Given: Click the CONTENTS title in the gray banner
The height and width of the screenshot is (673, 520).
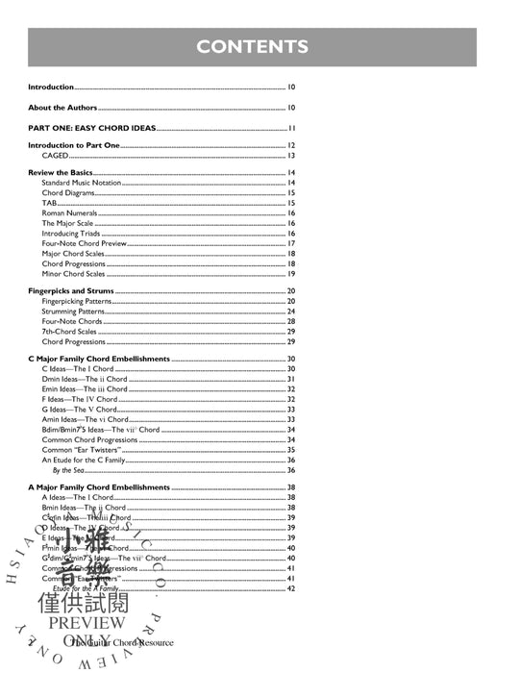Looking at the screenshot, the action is tap(253, 46).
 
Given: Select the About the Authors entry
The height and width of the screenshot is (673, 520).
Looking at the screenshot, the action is tap(62, 108).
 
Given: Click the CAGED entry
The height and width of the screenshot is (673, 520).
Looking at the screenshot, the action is tap(54, 155).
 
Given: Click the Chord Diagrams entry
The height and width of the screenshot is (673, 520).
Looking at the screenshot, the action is tap(66, 193).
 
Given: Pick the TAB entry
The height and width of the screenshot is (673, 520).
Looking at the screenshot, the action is tap(49, 203).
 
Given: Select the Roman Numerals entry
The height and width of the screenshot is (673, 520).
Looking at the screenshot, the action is tap(68, 213).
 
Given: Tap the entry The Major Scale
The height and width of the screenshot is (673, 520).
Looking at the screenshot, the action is tap(67, 223).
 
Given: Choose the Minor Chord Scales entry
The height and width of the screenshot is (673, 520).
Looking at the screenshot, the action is tap(74, 274).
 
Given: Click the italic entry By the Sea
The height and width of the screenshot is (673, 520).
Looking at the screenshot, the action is tap(69, 470).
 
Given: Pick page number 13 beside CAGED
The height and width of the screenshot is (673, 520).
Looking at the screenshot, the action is tap(290, 155).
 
